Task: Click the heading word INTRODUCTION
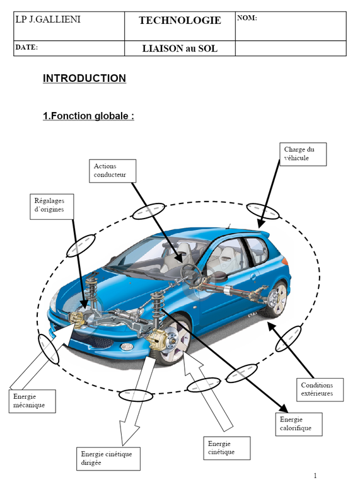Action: click(84, 78)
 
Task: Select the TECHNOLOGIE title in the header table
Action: click(180, 21)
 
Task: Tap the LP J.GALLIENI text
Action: click(48, 20)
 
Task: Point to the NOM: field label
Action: click(247, 18)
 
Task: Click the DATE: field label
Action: click(26, 47)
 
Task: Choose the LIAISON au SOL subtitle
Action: click(180, 49)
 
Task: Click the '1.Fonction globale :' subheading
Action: click(88, 116)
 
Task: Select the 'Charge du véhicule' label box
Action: click(303, 154)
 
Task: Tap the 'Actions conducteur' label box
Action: click(113, 171)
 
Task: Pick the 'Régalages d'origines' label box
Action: click(52, 207)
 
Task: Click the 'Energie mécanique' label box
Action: click(32, 401)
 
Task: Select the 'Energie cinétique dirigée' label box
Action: click(108, 459)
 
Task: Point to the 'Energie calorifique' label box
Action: click(299, 424)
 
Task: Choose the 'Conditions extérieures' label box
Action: click(320, 389)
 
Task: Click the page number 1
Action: click(315, 476)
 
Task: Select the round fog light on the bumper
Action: click(126, 347)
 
